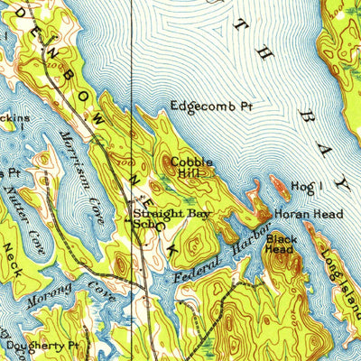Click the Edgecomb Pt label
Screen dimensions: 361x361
tap(212, 106)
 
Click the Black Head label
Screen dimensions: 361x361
tap(281, 243)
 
